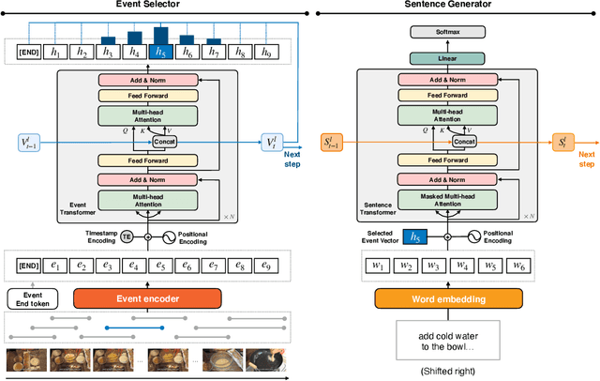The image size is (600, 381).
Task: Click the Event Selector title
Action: [x=147, y=6]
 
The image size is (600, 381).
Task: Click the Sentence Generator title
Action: [x=451, y=6]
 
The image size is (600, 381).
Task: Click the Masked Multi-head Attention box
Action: [x=447, y=199]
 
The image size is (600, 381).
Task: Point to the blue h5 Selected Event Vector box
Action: [x=412, y=237]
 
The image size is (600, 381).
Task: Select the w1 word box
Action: [x=381, y=267]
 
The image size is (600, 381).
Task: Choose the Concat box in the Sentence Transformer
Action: [x=464, y=141]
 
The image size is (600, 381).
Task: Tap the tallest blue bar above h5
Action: [x=160, y=35]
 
